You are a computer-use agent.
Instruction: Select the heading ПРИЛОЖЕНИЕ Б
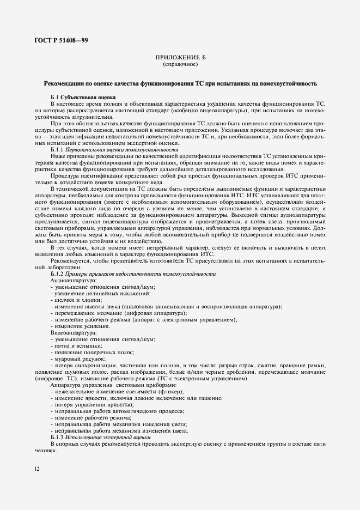pos(180,58)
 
